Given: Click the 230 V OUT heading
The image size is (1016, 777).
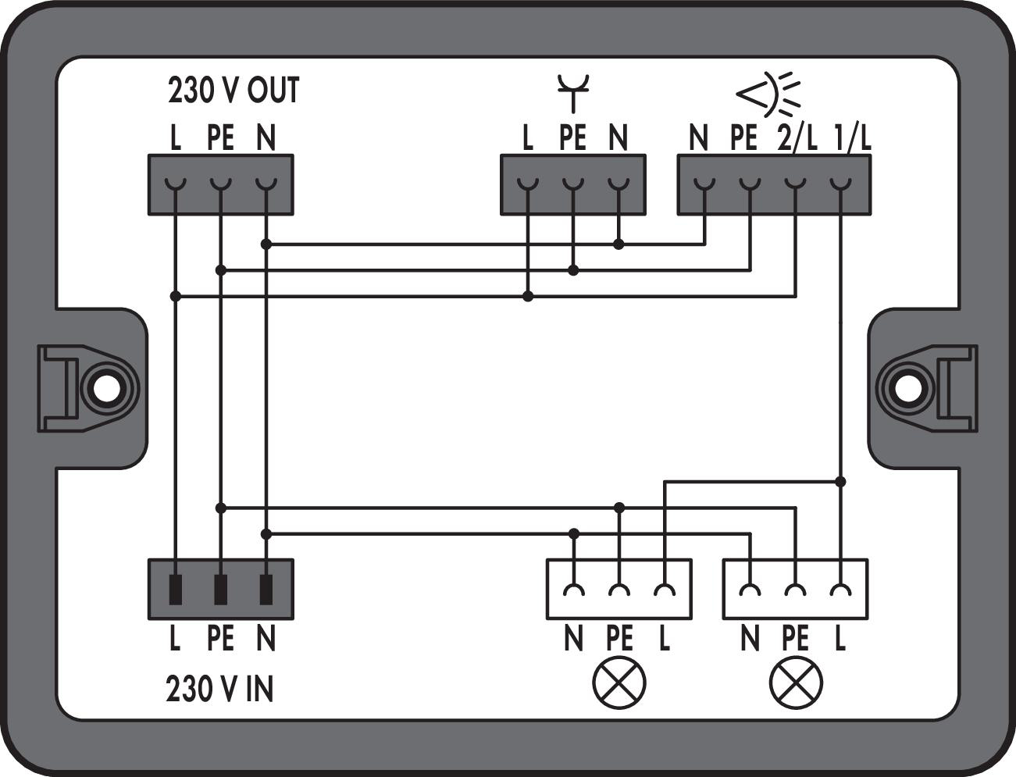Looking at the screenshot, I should [x=233, y=91].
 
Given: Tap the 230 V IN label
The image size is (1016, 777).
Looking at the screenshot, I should [x=219, y=690].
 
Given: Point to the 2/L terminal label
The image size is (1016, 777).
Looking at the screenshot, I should [x=796, y=139].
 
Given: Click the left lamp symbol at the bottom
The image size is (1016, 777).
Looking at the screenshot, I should [x=619, y=683].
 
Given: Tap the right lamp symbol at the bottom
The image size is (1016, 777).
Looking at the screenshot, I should [x=796, y=683].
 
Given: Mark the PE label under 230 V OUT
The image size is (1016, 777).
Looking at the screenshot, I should [x=221, y=139].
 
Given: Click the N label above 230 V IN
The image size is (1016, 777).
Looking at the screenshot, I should [x=266, y=640].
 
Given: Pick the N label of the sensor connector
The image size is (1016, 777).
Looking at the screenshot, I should [x=698, y=139].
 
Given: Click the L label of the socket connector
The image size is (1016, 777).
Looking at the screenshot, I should [x=528, y=139].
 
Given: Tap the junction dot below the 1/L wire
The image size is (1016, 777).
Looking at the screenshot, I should [x=840, y=482].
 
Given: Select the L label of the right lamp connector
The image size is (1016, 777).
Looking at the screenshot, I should [x=840, y=640].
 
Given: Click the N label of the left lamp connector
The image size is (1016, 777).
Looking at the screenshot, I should [x=573, y=640].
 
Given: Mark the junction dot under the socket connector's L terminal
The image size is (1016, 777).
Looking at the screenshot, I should [x=528, y=297].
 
